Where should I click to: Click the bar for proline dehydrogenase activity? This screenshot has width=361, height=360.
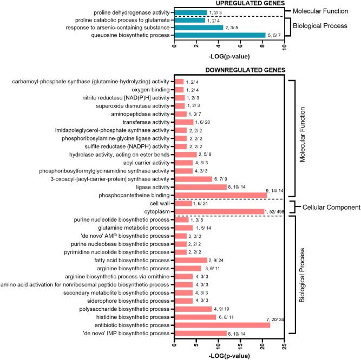[191, 12]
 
